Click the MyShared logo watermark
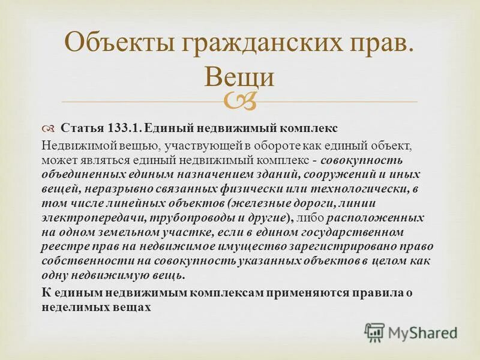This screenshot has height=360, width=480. pos(411,332)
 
